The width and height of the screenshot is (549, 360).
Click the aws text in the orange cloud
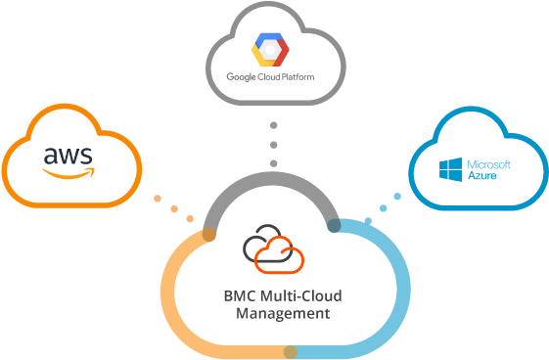(x=68, y=156)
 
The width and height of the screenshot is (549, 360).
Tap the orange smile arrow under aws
(x=69, y=172)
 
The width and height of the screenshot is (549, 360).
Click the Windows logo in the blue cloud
(x=453, y=171)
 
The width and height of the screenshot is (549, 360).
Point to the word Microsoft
(x=490, y=164)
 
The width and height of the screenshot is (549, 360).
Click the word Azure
(x=481, y=177)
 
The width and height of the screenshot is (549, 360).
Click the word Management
(x=283, y=314)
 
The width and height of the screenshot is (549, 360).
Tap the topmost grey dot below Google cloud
(x=274, y=125)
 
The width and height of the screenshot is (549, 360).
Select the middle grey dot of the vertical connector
(x=274, y=144)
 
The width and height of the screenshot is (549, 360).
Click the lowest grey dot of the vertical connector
(x=274, y=162)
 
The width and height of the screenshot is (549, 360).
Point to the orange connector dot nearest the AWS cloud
(x=158, y=199)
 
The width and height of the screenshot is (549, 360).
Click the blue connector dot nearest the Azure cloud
(x=397, y=197)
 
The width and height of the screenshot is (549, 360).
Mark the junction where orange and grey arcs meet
(x=208, y=235)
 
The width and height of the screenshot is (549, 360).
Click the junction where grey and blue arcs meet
(x=335, y=227)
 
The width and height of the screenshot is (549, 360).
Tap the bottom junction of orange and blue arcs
(x=291, y=350)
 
